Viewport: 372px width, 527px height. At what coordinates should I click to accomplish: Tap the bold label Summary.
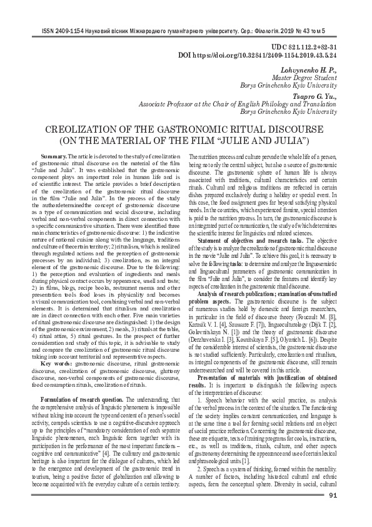coord(53,155)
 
